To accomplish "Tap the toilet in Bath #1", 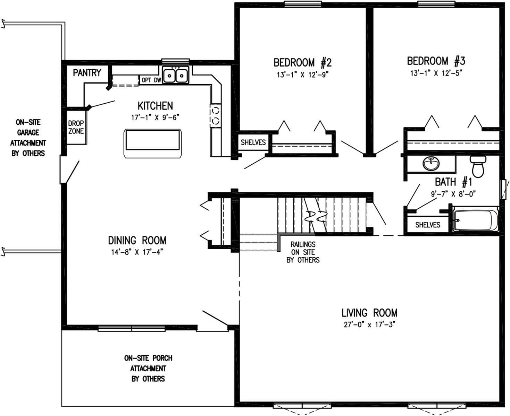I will tap(478, 166).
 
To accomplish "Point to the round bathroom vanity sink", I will tap(431, 163).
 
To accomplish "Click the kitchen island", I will tap(153, 144).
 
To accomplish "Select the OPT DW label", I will tap(151, 80).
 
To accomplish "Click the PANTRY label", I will tap(87, 73).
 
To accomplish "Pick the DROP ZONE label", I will tap(76, 127).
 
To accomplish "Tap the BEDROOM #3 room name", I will tap(436, 61).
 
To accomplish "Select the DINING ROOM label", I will tap(137, 240).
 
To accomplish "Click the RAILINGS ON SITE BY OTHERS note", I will tap(303, 252).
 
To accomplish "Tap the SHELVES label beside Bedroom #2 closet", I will tap(253, 142).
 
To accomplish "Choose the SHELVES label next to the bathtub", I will tap(427, 225).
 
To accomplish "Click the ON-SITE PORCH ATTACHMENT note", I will tap(148, 368).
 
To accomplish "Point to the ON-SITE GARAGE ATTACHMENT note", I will tap(28, 138).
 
